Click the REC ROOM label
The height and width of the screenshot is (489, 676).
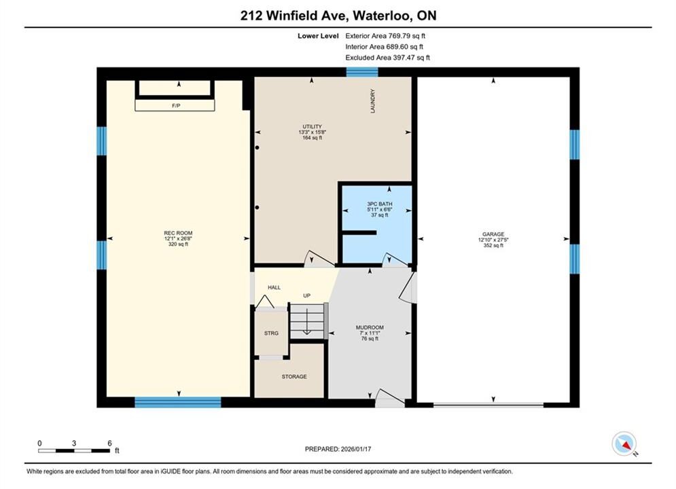(x=178, y=233)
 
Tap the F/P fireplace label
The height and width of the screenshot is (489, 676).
(x=176, y=105)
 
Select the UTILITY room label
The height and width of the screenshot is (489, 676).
(x=312, y=127)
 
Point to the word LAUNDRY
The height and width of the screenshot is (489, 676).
(x=373, y=101)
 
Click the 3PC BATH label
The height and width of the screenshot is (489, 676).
(x=379, y=204)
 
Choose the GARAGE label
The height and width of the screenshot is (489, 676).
(x=493, y=234)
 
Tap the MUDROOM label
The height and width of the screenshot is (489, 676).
(x=370, y=327)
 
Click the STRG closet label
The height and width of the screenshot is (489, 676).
(x=271, y=333)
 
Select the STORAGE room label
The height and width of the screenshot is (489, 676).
(x=294, y=376)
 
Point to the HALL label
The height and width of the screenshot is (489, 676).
(x=274, y=287)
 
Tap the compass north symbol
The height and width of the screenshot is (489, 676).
(x=624, y=443)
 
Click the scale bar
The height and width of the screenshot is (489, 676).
(x=74, y=451)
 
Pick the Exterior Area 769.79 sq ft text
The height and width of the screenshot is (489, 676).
(x=385, y=36)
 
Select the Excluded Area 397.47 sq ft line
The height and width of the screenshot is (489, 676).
(x=387, y=58)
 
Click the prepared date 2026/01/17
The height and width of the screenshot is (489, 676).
(x=356, y=449)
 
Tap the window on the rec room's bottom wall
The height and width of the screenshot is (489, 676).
(x=177, y=402)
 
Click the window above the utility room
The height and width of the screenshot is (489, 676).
(x=362, y=72)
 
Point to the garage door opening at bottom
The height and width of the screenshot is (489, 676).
(x=488, y=405)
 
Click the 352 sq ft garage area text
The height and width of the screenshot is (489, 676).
(x=493, y=246)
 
